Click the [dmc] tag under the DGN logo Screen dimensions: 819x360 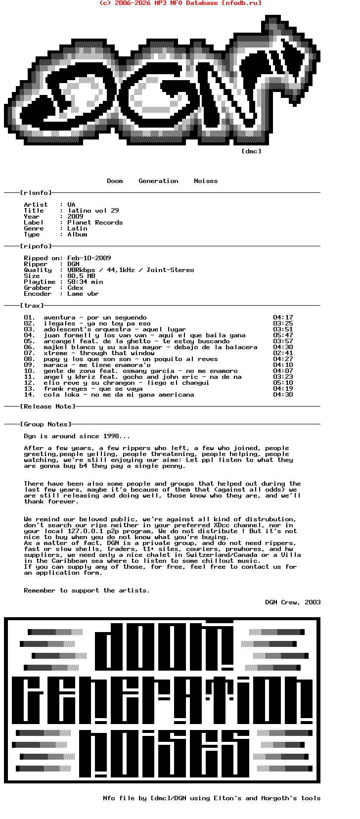[251, 151]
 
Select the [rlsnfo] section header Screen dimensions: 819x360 [36, 193]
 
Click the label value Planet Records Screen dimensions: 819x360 [95, 223]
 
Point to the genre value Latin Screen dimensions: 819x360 [77, 228]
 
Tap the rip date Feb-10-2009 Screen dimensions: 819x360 [89, 258]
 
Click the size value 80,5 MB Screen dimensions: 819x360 [81, 276]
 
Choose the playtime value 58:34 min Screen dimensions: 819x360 [85, 282]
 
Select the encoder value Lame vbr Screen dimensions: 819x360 [83, 294]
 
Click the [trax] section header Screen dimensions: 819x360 [32, 306]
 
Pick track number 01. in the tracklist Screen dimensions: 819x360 [30, 318]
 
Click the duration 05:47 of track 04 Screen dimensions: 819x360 [283, 335]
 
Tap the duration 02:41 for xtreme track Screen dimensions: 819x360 [283, 353]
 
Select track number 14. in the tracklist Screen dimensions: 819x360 [30, 395]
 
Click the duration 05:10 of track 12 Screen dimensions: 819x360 [283, 383]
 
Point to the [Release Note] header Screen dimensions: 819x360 [47, 407]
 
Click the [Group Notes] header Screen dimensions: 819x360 [45, 424]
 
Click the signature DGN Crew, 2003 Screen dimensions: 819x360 [293, 602]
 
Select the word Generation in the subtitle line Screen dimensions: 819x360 [158, 181]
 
